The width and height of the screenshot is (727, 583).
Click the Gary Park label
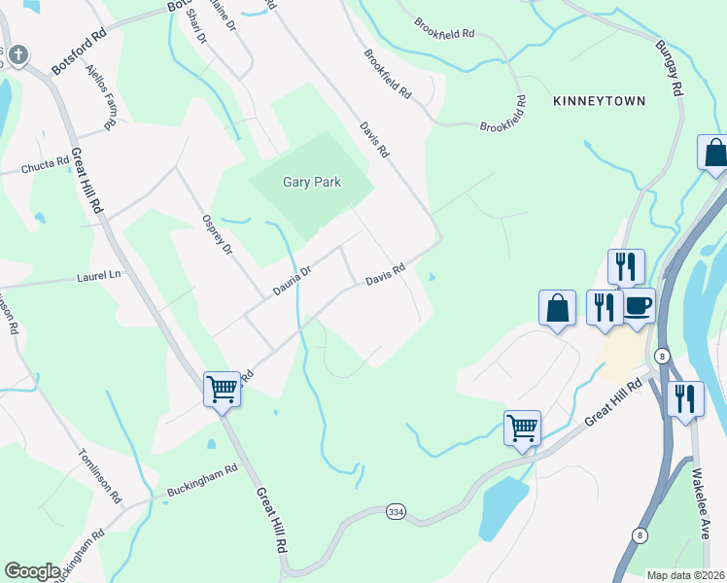311,182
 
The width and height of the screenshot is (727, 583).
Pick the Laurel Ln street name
97,276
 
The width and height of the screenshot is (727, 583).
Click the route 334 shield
396,511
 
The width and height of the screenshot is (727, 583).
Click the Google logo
32,571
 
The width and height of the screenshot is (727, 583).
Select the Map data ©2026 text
685,574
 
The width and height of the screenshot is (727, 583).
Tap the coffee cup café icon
638,305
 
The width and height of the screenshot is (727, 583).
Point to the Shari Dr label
198,28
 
